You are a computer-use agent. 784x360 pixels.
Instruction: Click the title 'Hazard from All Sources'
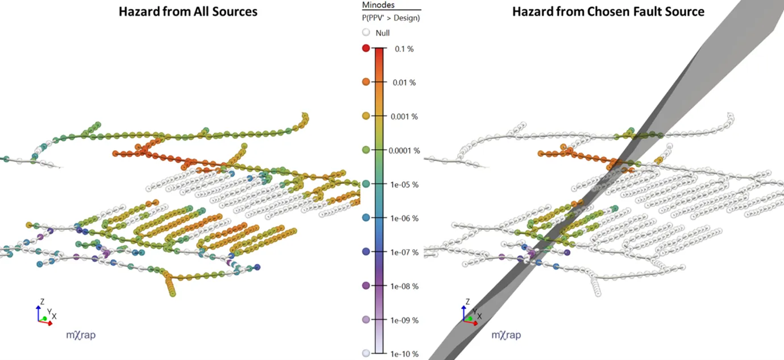[188, 11]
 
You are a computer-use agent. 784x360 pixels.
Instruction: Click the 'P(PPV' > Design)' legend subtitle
[391, 18]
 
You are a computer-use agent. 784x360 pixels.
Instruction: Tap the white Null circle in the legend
[366, 33]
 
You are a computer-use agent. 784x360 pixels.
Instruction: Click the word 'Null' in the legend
[383, 33]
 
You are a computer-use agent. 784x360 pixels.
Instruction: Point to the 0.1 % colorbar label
[404, 49]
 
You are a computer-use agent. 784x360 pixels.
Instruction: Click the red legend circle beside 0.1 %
[366, 48]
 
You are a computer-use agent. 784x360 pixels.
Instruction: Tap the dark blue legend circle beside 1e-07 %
[366, 251]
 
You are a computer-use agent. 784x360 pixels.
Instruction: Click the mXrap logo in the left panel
[81, 335]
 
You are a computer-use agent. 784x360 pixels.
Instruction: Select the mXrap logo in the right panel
[505, 335]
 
